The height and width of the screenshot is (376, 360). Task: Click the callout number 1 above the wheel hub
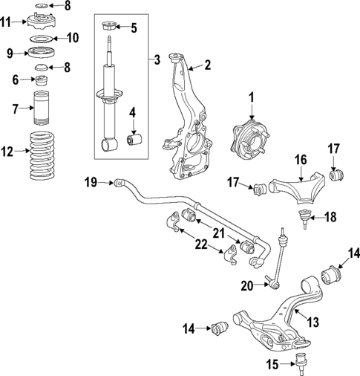pyautogui.click(x=251, y=97)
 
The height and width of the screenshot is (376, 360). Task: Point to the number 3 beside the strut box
pyautogui.click(x=156, y=59)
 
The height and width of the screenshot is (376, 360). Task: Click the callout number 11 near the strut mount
pyautogui.click(x=6, y=22)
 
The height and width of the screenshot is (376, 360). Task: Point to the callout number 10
pyautogui.click(x=72, y=37)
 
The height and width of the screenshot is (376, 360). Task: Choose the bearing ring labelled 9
pyautogui.click(x=43, y=53)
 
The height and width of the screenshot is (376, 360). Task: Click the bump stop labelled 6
pyautogui.click(x=42, y=80)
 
